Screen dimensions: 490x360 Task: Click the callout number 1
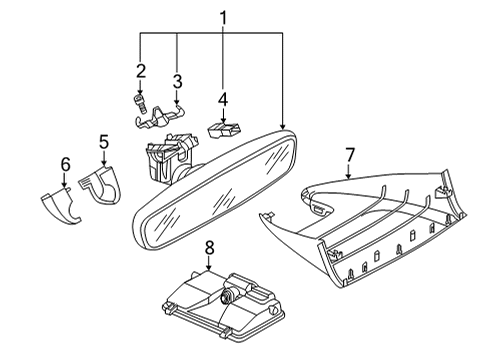click(223, 18)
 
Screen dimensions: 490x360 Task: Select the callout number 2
click(141, 71)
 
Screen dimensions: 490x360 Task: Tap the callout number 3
click(177, 81)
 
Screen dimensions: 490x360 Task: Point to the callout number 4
click(223, 99)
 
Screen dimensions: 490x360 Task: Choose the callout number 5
click(104, 142)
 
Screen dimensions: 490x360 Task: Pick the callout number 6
click(65, 164)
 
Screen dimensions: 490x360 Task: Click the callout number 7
click(350, 155)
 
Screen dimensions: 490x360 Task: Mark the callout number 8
click(209, 248)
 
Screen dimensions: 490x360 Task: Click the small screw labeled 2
click(140, 104)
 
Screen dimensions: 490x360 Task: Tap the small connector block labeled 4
click(224, 130)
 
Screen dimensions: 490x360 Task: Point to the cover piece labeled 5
click(100, 185)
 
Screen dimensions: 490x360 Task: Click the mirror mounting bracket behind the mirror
click(170, 157)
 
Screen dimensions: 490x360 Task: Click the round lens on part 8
click(227, 295)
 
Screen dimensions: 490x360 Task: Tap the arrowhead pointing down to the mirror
click(282, 126)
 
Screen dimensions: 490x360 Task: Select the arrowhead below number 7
click(349, 175)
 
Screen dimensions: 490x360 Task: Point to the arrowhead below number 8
click(209, 267)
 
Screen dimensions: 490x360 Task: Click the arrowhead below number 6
click(64, 184)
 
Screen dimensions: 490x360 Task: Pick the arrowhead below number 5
click(104, 162)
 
